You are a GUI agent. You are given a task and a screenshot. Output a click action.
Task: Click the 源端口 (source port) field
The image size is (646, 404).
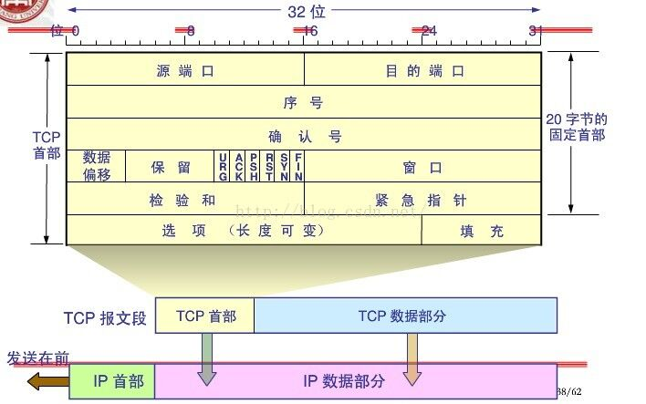[x=185, y=69]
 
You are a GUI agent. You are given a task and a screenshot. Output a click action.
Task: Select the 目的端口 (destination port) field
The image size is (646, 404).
[x=423, y=69]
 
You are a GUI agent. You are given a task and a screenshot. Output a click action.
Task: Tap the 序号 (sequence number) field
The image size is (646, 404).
[x=304, y=102]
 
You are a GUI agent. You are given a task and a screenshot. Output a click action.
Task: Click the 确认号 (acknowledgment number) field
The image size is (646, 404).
[x=304, y=135]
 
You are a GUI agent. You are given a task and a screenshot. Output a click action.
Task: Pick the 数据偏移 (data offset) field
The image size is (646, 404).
[x=96, y=166]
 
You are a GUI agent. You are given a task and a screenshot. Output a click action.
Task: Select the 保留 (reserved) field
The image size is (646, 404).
[x=171, y=167]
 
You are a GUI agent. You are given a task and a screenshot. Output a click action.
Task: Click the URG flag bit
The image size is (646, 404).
[x=224, y=167]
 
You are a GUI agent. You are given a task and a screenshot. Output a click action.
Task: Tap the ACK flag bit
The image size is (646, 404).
[x=238, y=167]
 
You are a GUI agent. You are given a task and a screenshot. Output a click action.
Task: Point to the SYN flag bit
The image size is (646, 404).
[x=284, y=167]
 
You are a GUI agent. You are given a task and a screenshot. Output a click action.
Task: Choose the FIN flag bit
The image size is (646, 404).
[x=298, y=167]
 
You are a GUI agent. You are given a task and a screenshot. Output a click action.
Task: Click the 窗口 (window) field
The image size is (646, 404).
[x=423, y=167]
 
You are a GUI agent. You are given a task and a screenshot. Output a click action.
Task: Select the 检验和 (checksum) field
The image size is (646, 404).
[x=185, y=199]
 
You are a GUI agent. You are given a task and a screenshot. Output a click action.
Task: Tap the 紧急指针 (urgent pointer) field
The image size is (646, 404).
[x=423, y=199]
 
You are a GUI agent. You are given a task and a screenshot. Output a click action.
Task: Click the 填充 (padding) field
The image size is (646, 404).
[x=482, y=230]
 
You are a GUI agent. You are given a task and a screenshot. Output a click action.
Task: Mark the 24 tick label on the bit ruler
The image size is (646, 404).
[x=428, y=31]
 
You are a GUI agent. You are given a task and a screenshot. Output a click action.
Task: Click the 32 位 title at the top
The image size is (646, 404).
[x=306, y=11]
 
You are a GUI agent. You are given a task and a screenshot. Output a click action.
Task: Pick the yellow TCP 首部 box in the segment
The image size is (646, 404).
[x=205, y=316]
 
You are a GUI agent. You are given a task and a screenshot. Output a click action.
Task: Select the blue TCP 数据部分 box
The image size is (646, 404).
[x=405, y=316]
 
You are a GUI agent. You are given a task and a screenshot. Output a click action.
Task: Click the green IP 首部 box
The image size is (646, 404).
[x=113, y=381]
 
